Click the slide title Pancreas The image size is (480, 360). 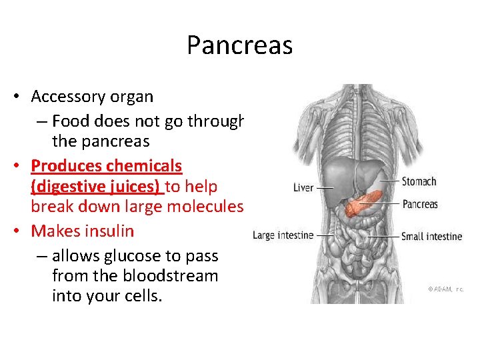coord(239,45)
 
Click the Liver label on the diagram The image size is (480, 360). coord(303,188)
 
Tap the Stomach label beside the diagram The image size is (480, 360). coord(419,181)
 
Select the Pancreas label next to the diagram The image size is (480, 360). coord(419,204)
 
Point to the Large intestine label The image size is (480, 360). coord(283,235)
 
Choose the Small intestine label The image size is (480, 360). coord(431,236)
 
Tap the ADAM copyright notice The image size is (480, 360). coord(445,289)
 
